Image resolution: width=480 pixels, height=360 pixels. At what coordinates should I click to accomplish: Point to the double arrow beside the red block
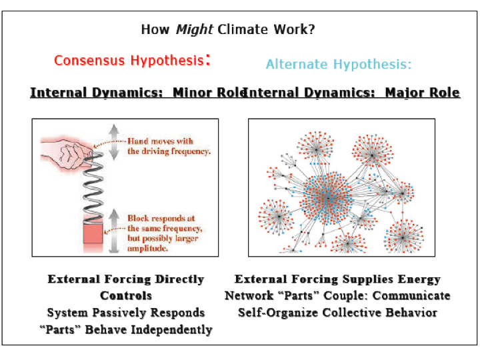point(113,231)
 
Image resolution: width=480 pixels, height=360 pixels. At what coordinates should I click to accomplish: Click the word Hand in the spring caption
point(138,141)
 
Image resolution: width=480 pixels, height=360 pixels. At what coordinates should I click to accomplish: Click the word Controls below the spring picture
point(126,295)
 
